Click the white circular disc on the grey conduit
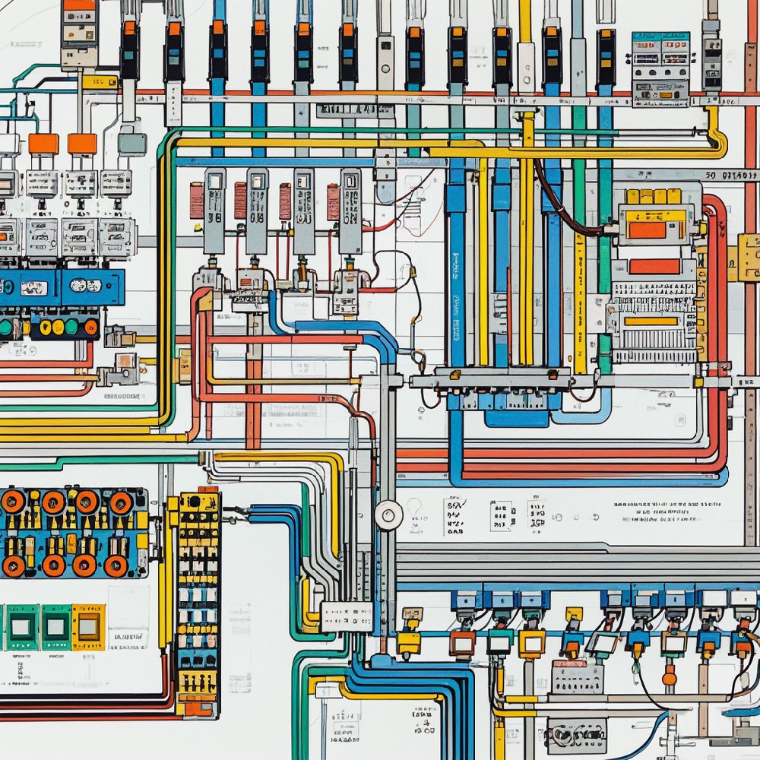[x=389, y=515]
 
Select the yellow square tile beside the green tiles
[x=88, y=626]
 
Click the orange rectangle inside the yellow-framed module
[x=648, y=230]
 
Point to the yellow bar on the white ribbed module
[x=651, y=321]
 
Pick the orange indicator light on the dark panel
[x=90, y=328]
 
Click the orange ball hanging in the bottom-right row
[x=670, y=676]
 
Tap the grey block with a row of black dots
[x=578, y=677]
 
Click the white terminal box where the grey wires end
[x=347, y=615]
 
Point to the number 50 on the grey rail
[x=712, y=176]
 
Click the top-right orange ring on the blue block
[x=121, y=502]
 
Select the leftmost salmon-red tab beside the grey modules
[x=197, y=201]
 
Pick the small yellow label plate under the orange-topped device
[x=99, y=82]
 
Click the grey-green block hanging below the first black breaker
[x=131, y=142]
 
